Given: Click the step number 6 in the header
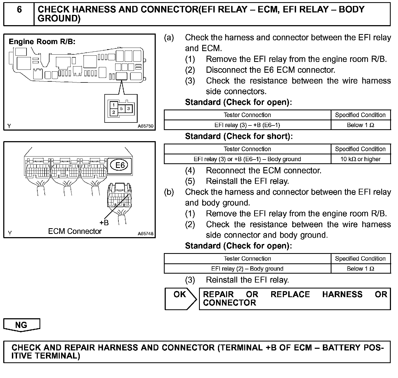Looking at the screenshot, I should pyautogui.click(x=19, y=10).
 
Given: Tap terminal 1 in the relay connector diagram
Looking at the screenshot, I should pyautogui.click(x=114, y=105).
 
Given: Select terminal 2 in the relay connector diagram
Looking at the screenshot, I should pyautogui.click(x=114, y=112).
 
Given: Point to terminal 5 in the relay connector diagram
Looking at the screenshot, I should pyautogui.click(x=121, y=109).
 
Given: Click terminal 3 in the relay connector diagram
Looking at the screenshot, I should pyautogui.click(x=129, y=109).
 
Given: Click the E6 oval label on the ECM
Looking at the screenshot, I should pyautogui.click(x=120, y=165).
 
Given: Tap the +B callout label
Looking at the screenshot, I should pyautogui.click(x=104, y=223).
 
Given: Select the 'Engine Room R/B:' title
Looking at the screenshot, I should pyautogui.click(x=42, y=42).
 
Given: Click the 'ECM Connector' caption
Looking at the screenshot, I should pyautogui.click(x=75, y=231).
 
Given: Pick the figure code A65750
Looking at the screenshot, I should pyautogui.click(x=145, y=126).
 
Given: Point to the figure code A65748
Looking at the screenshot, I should pyautogui.click(x=145, y=234).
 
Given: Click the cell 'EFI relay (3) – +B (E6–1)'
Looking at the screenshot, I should pyautogui.click(x=247, y=125).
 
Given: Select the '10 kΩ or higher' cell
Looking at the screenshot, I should pyautogui.click(x=360, y=159).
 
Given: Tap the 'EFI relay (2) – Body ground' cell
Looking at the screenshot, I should pyautogui.click(x=247, y=269).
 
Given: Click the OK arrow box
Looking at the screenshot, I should pyautogui.click(x=180, y=299).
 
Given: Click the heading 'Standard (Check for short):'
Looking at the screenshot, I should pyautogui.click(x=239, y=136).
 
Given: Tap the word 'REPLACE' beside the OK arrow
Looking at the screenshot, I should pyautogui.click(x=290, y=294).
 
